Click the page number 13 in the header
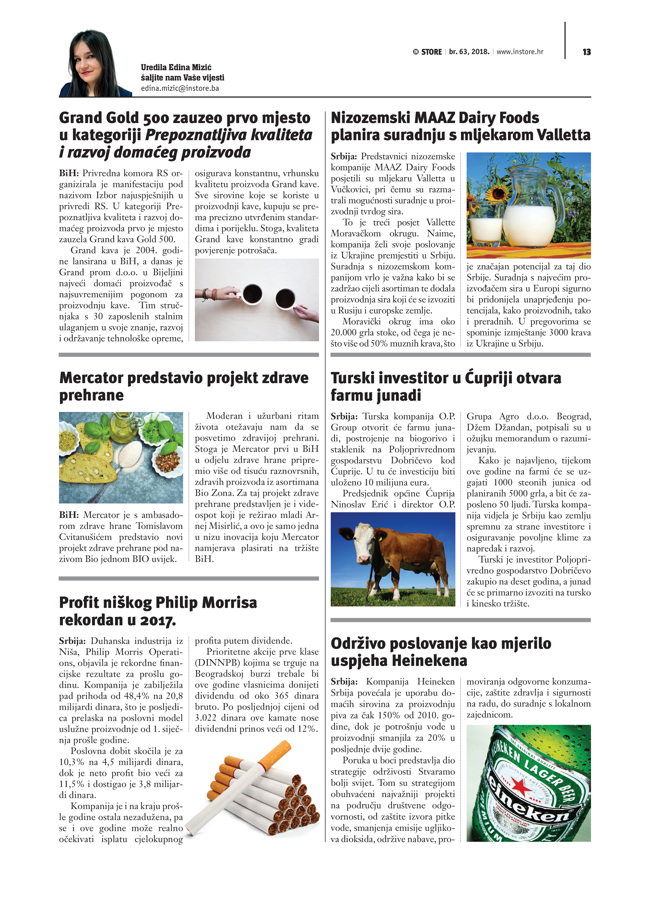pos(586,52)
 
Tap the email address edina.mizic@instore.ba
pos(180,88)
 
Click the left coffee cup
pos(252,294)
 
